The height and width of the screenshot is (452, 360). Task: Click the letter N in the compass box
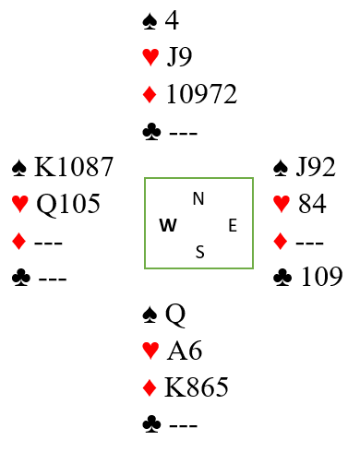tap(198, 198)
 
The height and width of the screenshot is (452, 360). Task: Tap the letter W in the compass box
tap(168, 225)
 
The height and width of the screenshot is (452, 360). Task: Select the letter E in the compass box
tap(233, 225)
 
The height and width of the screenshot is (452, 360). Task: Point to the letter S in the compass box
tap(200, 252)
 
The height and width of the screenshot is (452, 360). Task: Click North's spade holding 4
tap(172, 20)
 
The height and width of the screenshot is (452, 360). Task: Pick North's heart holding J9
tap(179, 57)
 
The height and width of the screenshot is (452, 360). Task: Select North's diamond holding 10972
tap(201, 94)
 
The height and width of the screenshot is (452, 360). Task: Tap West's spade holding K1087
tap(74, 167)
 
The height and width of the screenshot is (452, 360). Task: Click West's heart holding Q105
tap(68, 204)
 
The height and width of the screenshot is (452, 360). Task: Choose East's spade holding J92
tap(316, 167)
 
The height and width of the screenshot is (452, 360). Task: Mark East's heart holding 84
tap(312, 203)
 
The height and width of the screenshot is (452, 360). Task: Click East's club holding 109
tap(322, 277)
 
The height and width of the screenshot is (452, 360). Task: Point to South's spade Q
tap(175, 315)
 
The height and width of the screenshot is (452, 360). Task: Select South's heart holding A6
tap(185, 350)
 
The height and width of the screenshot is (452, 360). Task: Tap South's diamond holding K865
tap(197, 387)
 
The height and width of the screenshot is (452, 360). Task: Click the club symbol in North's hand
tap(151, 132)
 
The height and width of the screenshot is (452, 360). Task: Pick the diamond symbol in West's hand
tap(18, 241)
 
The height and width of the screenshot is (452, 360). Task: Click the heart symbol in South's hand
tap(150, 351)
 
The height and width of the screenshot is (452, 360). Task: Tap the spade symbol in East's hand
tap(281, 168)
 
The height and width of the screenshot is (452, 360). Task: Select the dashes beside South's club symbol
tap(183, 425)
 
